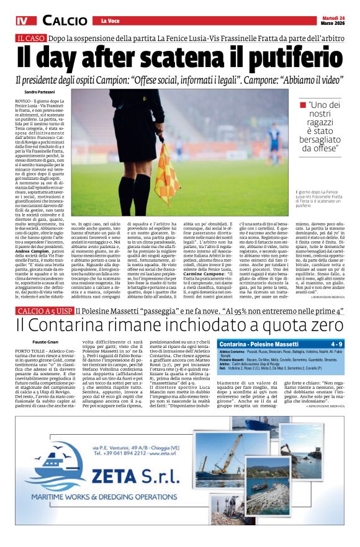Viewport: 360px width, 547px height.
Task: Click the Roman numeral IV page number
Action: pyautogui.click(x=23, y=21)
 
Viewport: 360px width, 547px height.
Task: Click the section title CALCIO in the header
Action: pyautogui.click(x=65, y=21)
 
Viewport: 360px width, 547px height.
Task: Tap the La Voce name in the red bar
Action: pyautogui.click(x=109, y=22)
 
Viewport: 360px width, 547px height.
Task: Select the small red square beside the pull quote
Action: pyautogui.click(x=303, y=104)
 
